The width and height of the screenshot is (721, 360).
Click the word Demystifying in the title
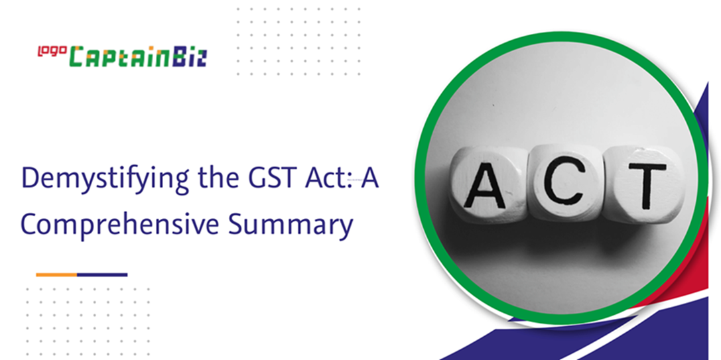pos(105,180)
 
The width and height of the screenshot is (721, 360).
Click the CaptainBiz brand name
pos(138,56)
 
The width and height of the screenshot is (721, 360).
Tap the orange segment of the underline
pos(56,275)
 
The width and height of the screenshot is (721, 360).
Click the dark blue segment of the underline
pos(102,275)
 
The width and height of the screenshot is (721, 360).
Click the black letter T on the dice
pos(647,185)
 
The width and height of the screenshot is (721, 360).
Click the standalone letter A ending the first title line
pos(369,178)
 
